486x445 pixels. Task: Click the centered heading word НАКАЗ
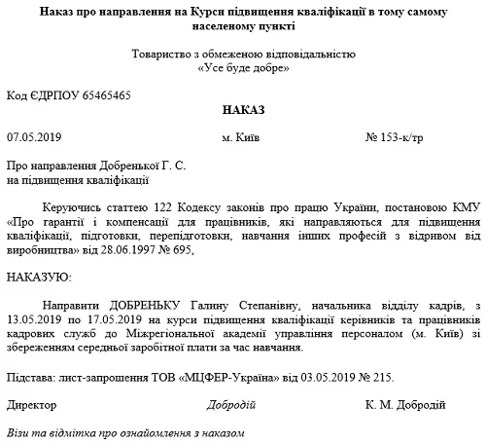tap(242, 112)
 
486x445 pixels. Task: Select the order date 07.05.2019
tap(33, 136)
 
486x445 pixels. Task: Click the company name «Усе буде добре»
tap(242, 70)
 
